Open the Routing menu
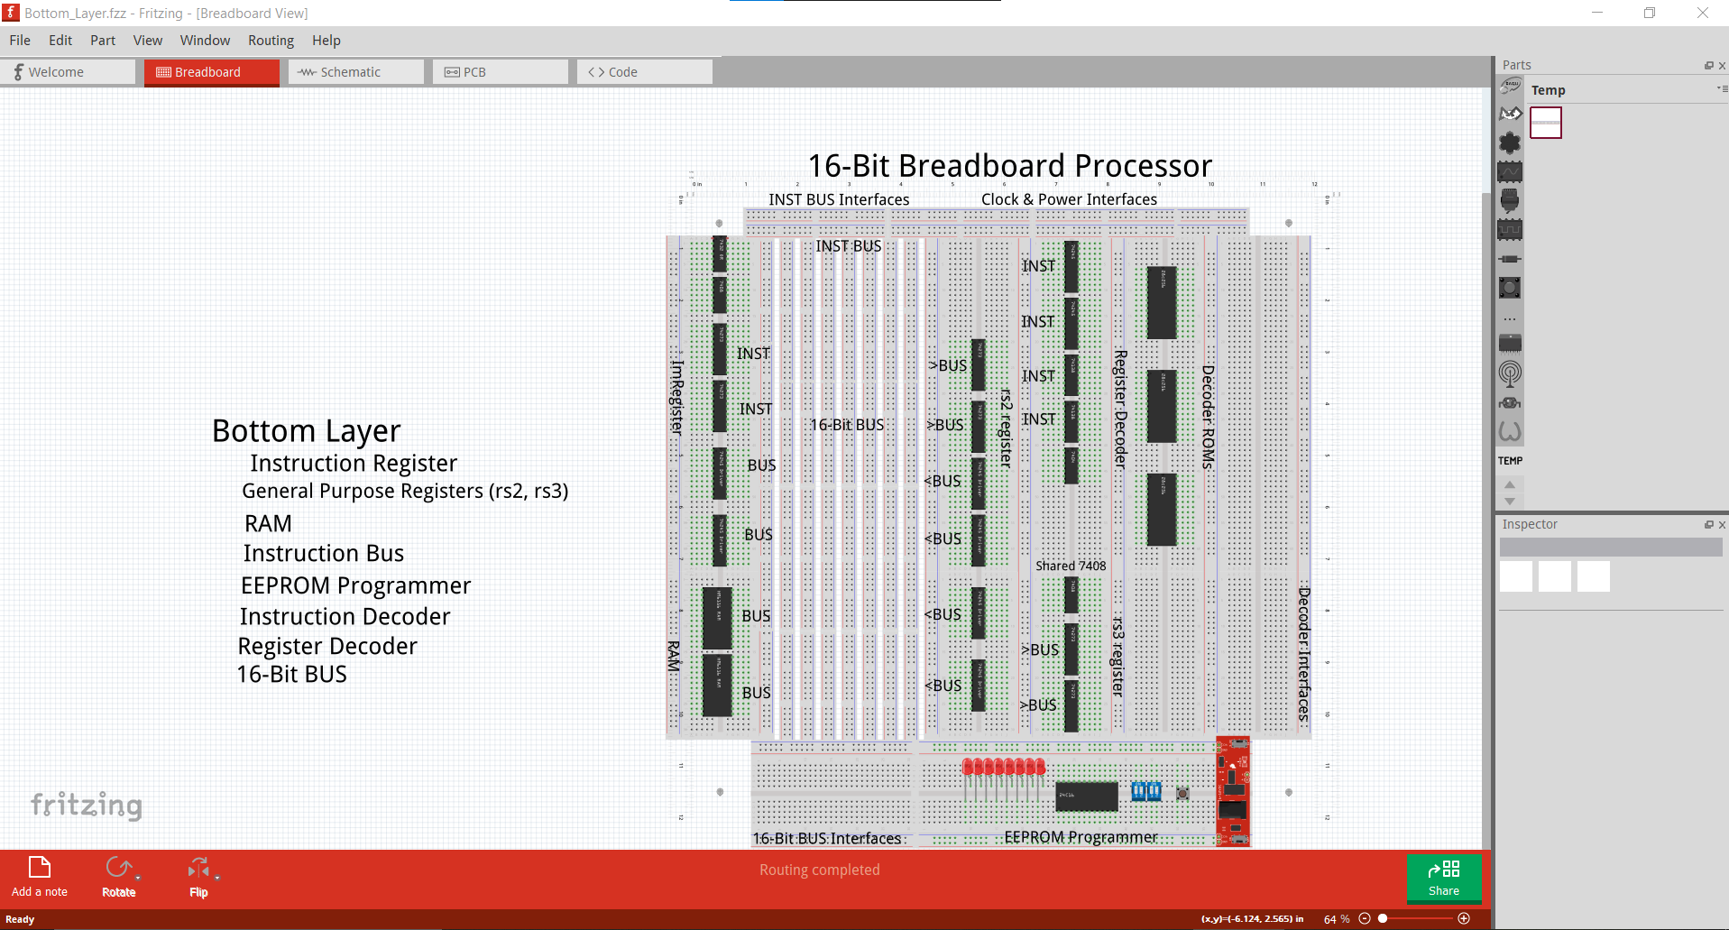coord(271,41)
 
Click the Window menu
coord(205,41)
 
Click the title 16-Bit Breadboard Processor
coord(1009,166)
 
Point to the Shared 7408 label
coord(1070,566)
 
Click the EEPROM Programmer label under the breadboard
coord(1081,837)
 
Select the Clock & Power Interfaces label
coord(1069,199)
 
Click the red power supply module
coord(1233,791)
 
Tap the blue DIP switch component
coord(1146,791)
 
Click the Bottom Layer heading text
coord(306,431)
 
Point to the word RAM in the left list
coord(268,524)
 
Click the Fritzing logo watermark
coord(87,805)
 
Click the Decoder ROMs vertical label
coord(1209,417)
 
